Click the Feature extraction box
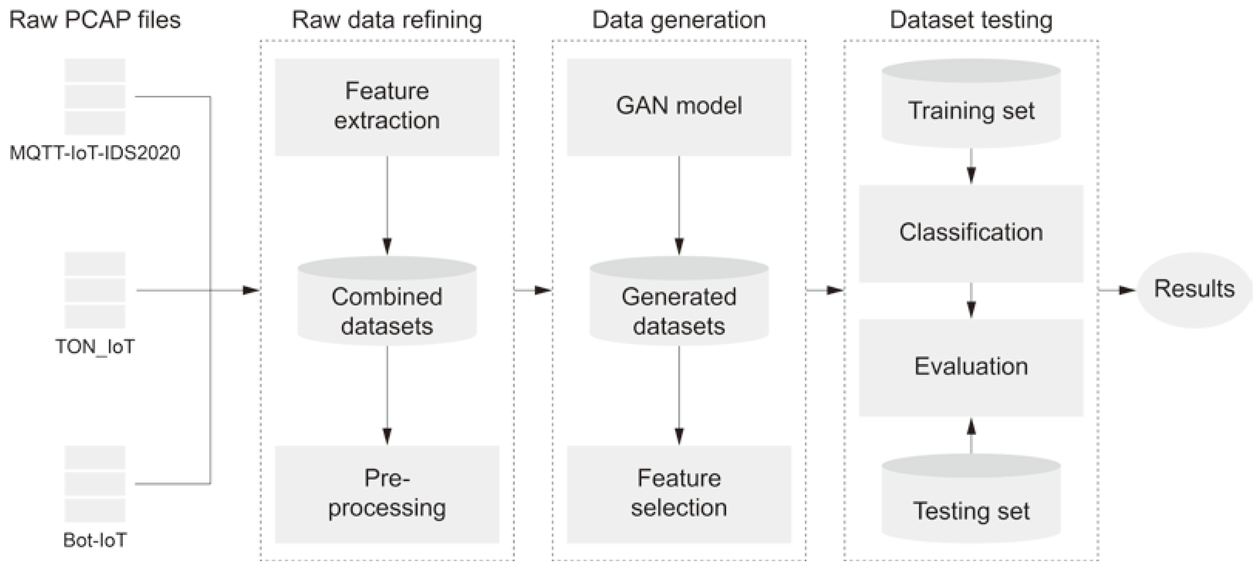coord(387,107)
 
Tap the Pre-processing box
coord(387,494)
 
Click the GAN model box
coord(679,107)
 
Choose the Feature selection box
coord(679,494)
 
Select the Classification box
coord(971,233)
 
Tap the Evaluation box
coord(971,367)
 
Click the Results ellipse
coord(1194,289)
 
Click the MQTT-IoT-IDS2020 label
coord(95,153)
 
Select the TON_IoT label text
coord(95,347)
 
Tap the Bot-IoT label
coord(95,540)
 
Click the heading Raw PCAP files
coord(95,20)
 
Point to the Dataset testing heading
coord(971,20)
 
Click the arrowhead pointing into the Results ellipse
coord(1127,290)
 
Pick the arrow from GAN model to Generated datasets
coord(679,205)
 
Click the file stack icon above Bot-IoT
coord(95,484)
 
